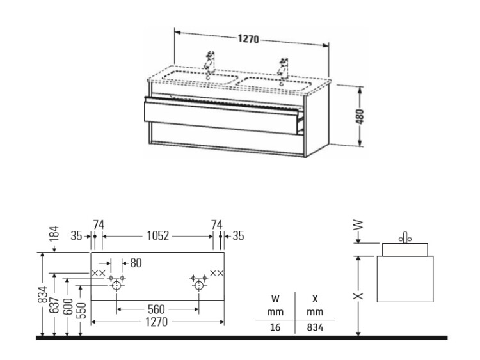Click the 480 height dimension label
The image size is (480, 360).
360,116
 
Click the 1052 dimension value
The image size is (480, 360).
157,236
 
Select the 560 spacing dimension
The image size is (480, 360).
156,309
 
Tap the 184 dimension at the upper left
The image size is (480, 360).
54,233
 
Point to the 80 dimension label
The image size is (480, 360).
136,263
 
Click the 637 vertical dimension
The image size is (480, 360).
54,304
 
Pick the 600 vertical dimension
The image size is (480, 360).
68,306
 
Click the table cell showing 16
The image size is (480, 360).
275,327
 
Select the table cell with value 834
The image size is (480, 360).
315,327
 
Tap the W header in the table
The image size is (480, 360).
275,299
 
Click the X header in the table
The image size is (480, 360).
315,299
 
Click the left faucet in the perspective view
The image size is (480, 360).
210,63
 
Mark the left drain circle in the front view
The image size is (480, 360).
116,286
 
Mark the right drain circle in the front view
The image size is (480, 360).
199,286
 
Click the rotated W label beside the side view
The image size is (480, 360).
358,225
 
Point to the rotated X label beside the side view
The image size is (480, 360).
358,296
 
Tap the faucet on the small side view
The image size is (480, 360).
404,238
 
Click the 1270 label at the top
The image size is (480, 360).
248,39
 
